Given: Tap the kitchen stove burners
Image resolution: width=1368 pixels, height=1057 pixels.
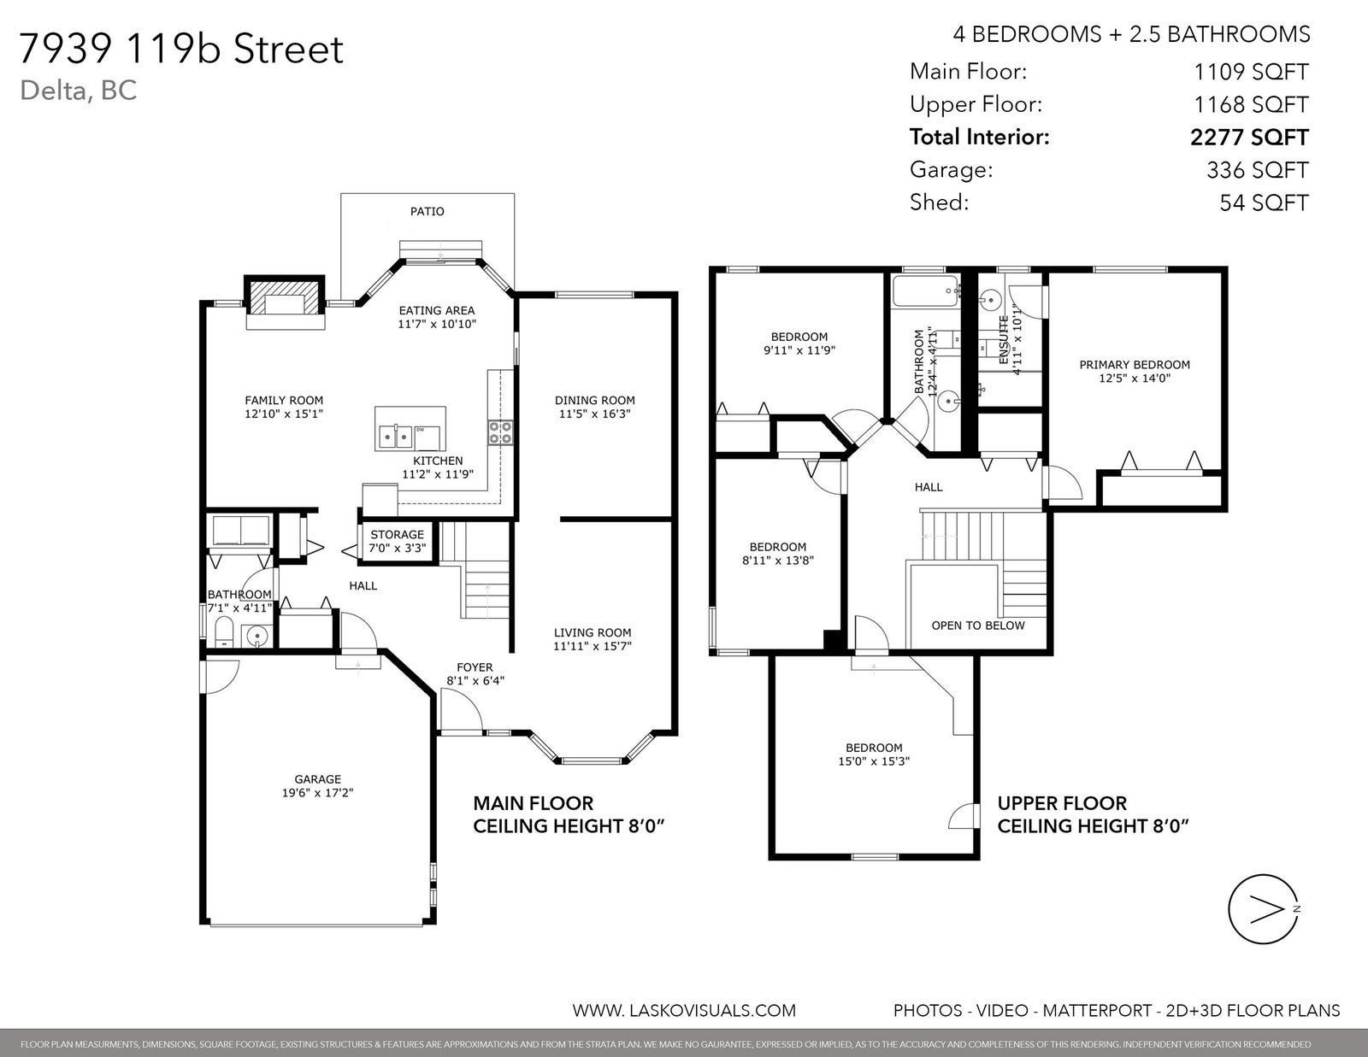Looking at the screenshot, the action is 500,433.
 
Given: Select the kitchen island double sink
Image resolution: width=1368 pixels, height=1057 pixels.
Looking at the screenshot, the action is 395,437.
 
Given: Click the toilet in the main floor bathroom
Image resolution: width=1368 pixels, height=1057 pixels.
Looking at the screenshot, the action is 224,631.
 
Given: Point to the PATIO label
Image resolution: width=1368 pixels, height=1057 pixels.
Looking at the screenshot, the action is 427,211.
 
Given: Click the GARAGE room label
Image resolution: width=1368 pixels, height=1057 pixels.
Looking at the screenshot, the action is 318,779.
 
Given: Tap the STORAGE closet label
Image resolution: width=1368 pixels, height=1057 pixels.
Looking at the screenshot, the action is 398,534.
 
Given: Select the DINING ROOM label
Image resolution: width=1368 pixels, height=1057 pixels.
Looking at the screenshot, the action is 595,400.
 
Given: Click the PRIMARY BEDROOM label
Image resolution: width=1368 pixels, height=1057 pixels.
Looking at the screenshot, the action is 1135,365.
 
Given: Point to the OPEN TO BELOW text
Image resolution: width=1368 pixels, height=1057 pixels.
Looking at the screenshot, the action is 978,625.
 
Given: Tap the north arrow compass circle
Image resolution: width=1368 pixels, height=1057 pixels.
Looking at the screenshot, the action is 1263,909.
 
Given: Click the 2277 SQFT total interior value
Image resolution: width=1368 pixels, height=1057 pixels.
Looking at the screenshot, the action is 1249,138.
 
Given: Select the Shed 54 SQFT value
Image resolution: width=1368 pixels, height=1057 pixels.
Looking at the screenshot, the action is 1265,203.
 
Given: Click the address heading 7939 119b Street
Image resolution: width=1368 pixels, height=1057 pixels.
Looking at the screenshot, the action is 181,49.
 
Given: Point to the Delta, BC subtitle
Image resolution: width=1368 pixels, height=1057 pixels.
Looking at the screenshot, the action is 78,91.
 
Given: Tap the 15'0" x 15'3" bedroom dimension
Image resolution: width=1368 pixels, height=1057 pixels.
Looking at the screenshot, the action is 874,761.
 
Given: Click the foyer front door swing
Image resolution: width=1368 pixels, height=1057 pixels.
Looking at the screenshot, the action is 462,711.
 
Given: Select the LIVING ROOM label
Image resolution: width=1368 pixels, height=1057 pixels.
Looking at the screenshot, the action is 593,632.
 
